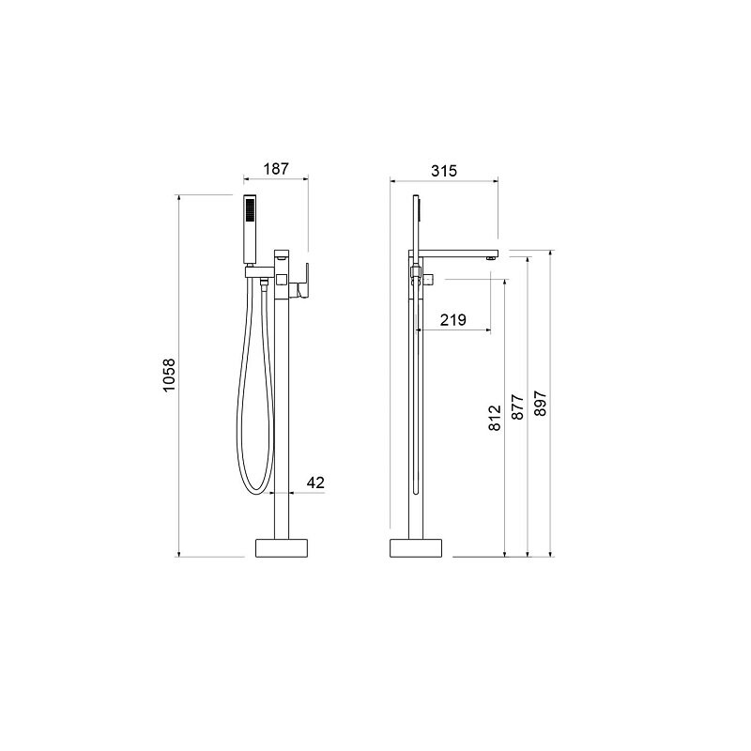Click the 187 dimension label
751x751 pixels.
coord(276,169)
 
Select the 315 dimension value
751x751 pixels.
coord(444,171)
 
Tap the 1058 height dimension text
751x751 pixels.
coord(169,375)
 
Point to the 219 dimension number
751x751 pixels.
coord(452,319)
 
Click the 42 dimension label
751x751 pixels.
coord(315,483)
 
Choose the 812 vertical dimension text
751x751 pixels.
coord(495,418)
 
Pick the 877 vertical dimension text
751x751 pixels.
coord(518,407)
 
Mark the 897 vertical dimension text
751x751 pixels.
coord(540,404)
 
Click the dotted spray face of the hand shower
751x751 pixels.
coord(249,209)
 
